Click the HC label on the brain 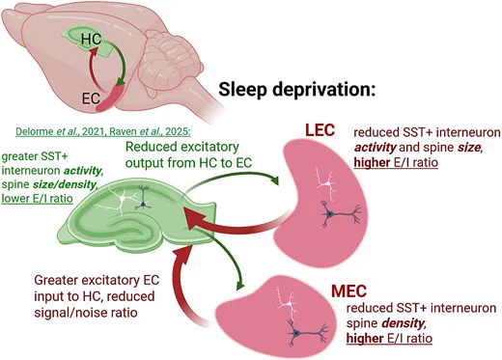tap(92, 40)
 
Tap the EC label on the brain tap(91, 98)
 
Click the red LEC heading tap(320, 130)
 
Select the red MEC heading tap(349, 291)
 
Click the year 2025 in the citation tap(179, 131)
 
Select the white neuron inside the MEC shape tap(289, 304)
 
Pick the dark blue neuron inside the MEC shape tap(306, 334)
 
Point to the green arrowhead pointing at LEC tap(274, 180)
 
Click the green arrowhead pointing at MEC tap(240, 285)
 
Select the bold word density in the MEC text tap(404, 323)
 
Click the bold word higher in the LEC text tap(372, 162)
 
